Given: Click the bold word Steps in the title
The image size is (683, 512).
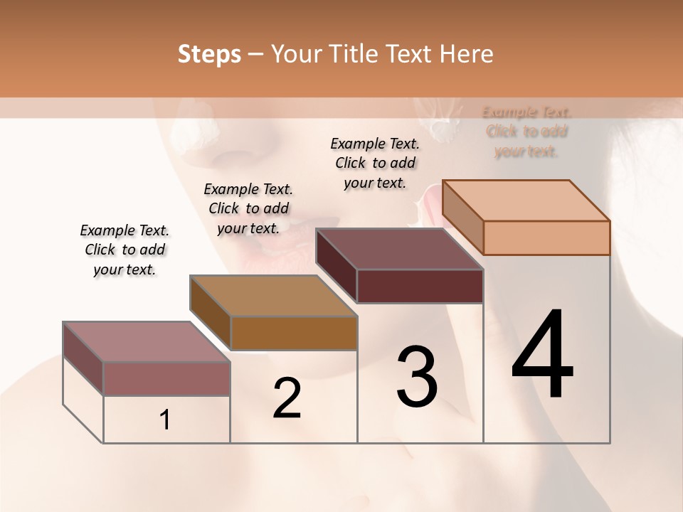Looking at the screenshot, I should tap(209, 54).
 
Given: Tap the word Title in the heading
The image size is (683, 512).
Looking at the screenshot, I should tap(351, 54).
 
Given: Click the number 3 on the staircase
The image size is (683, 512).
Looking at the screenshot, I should tap(416, 377).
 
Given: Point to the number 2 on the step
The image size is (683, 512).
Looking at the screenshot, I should tap(287, 398).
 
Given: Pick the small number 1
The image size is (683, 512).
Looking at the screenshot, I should tap(165, 420).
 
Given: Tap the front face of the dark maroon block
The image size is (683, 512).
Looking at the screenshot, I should tap(420, 286).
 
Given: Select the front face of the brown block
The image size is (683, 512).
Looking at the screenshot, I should tap(294, 333).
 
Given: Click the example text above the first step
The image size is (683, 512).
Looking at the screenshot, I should tap(125, 250).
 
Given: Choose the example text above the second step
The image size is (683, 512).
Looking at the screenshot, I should tap(248, 208).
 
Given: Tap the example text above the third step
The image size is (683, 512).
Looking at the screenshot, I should tap(375, 163).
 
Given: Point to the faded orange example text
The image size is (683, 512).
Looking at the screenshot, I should tap(526, 132).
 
